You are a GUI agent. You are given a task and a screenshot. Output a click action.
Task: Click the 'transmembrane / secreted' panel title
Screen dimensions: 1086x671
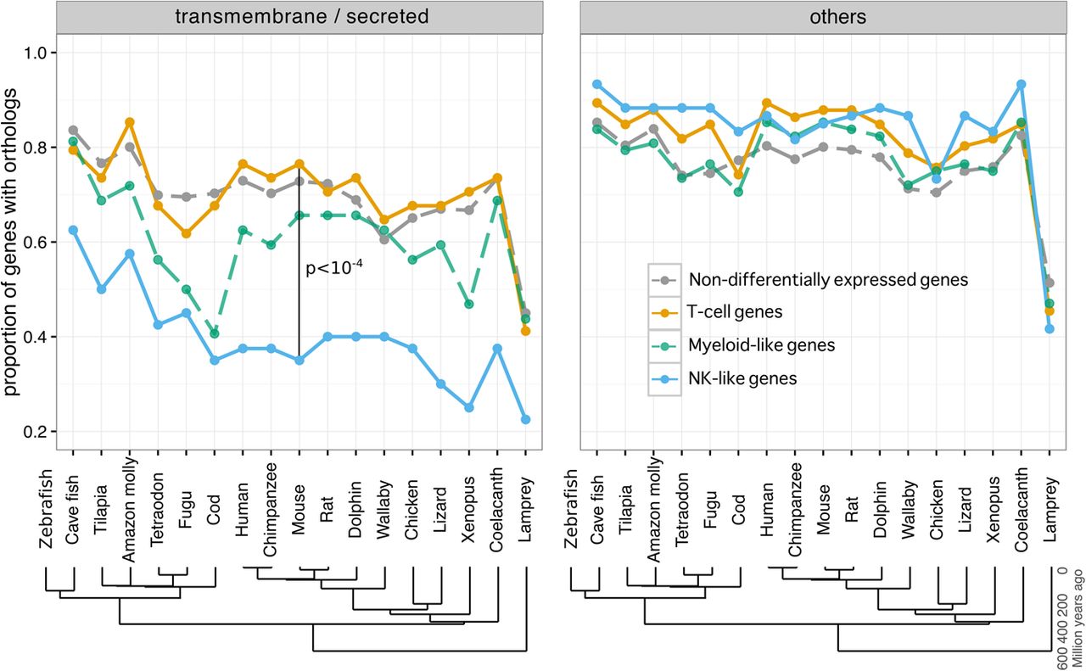301,16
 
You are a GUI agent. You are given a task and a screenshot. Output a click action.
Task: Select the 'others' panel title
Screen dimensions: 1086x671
837,17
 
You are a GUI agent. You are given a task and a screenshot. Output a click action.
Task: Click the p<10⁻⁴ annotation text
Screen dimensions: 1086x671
334,267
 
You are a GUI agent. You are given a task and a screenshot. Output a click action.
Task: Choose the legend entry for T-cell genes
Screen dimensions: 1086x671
735,311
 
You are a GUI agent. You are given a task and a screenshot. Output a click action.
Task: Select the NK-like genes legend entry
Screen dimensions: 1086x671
742,378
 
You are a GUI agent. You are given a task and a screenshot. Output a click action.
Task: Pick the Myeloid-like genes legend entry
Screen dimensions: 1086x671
762,345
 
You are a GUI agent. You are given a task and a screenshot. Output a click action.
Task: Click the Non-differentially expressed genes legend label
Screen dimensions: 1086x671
829,280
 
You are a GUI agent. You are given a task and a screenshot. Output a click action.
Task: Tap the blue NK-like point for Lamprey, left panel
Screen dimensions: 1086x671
525,419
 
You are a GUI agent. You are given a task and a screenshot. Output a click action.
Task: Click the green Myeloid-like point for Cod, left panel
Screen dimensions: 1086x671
215,333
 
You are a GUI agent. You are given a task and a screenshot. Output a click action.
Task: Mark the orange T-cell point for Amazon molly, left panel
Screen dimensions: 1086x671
130,122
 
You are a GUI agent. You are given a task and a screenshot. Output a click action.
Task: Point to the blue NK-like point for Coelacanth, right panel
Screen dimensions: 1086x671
1021,84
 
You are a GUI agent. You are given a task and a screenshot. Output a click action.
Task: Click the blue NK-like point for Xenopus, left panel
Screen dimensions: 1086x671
469,408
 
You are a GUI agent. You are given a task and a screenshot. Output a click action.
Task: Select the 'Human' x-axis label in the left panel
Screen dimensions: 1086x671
242,509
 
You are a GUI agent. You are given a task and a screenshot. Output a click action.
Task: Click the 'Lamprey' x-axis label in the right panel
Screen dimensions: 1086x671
1050,509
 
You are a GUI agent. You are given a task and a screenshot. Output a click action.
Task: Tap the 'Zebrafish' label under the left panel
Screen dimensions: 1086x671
45,508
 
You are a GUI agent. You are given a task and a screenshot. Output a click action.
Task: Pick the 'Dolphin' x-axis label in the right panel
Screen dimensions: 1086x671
881,509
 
